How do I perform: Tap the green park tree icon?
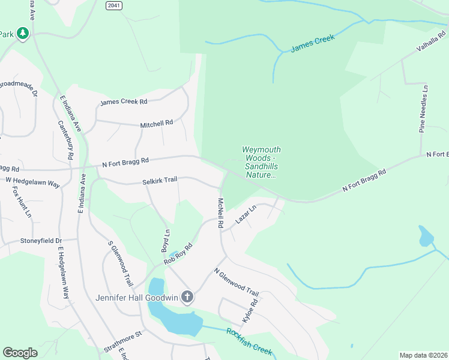click(x=23, y=33)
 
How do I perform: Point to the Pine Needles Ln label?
click(x=424, y=108)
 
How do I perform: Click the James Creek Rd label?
click(x=124, y=102)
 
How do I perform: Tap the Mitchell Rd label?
click(x=156, y=124)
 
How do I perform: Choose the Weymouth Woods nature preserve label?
click(x=261, y=162)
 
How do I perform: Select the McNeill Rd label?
click(x=221, y=213)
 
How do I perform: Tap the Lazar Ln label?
click(x=246, y=215)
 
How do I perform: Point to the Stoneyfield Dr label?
click(x=41, y=241)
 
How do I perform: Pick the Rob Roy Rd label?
click(x=178, y=254)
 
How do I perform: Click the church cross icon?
click(x=187, y=297)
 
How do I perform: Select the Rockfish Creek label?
click(x=249, y=341)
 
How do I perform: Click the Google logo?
click(x=20, y=353)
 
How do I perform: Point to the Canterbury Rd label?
click(x=66, y=140)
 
